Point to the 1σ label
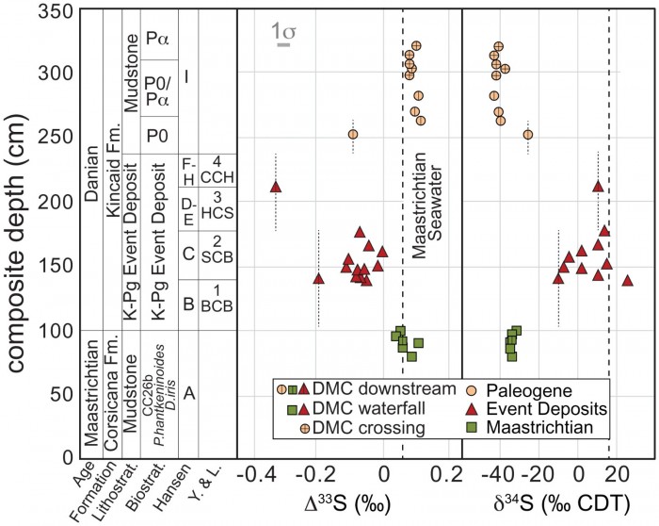pos(283,34)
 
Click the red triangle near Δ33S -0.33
pos(276,187)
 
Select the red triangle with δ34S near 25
pos(627,281)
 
